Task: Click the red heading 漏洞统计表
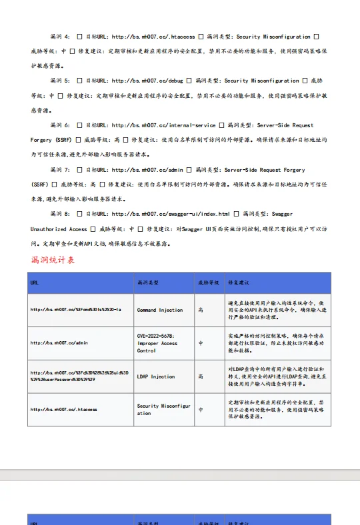pos(53,260)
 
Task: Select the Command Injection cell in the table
pos(160,310)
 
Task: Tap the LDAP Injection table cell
pos(156,376)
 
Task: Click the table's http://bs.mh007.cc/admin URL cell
pos(59,343)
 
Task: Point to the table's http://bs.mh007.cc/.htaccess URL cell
pos(63,409)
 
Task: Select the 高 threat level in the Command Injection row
pos(201,310)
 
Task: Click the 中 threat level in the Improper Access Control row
pos(201,343)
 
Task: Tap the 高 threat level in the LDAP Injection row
pos(201,376)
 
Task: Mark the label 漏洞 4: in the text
pos(60,37)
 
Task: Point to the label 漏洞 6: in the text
pos(60,125)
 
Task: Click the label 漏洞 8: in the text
pos(60,214)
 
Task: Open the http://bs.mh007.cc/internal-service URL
pos(164,125)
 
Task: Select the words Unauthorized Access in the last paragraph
pos(59,229)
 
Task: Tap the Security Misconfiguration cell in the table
pos(163,409)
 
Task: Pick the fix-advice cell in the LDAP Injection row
pos(276,376)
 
